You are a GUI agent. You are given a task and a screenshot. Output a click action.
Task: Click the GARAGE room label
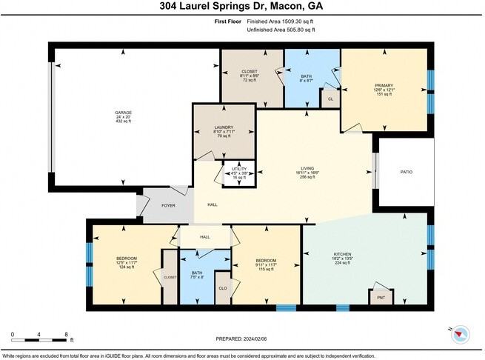(123, 113)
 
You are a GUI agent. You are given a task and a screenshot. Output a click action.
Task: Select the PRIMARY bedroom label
(385, 85)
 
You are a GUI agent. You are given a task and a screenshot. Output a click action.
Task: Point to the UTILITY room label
(239, 169)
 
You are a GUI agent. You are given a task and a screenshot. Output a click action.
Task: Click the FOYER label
(168, 204)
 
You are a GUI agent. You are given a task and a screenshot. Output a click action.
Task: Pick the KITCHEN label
(342, 254)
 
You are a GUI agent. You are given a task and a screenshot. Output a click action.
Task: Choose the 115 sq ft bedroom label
(266, 261)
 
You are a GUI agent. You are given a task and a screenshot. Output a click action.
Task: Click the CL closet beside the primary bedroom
(330, 98)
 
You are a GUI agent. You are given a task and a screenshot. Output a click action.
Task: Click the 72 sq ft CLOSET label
(250, 72)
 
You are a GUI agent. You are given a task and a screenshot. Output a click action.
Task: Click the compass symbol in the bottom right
(461, 335)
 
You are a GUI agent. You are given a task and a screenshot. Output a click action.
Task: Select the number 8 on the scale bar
(66, 335)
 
